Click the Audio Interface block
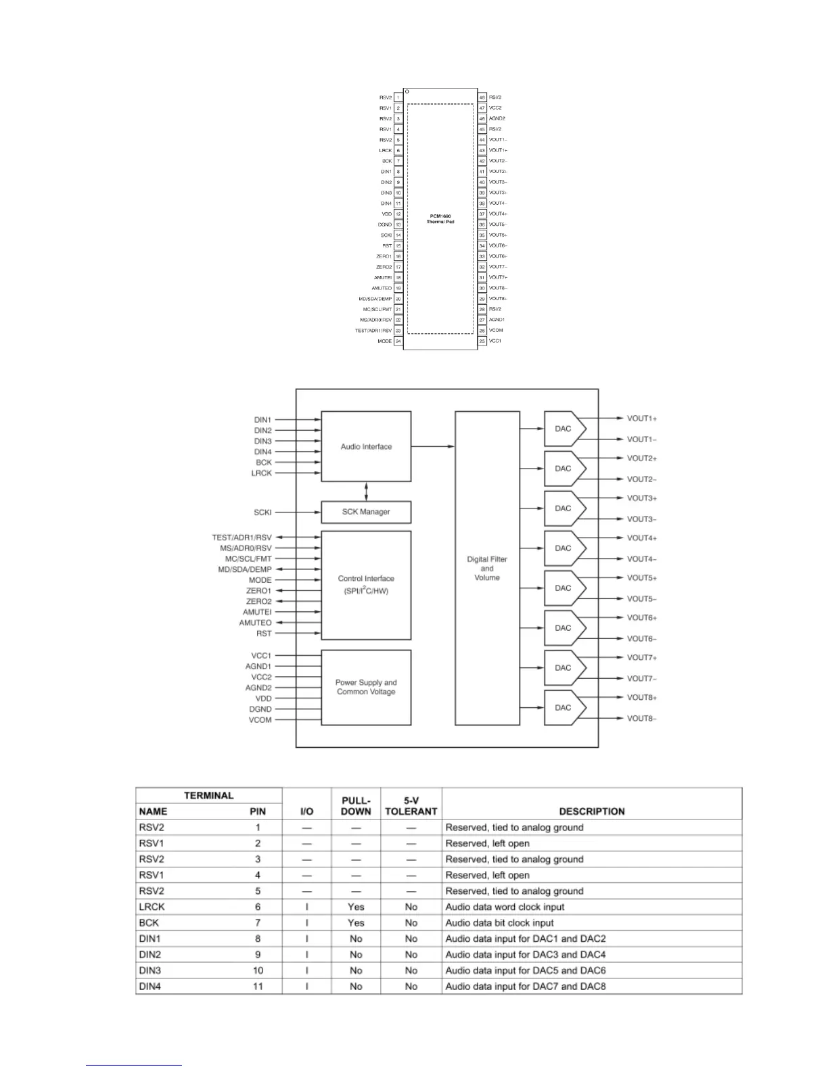pos(366,446)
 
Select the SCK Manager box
pos(366,512)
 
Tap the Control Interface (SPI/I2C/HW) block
pos(366,584)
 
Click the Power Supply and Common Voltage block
pos(366,687)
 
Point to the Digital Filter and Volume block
pos(487,568)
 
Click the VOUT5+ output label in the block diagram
pos(642,578)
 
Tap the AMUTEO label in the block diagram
pos(255,623)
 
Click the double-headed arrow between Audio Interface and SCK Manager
pos(366,492)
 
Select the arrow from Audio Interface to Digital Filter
pos(433,446)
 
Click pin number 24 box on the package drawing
pos(398,341)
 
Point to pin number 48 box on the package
pos(482,97)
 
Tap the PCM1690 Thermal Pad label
pos(440,219)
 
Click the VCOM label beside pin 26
pos(496,331)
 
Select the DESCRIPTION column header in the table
pos(592,811)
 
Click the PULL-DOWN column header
pos(356,805)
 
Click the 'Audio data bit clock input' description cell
pos(499,923)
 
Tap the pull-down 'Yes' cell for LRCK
pos(356,907)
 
